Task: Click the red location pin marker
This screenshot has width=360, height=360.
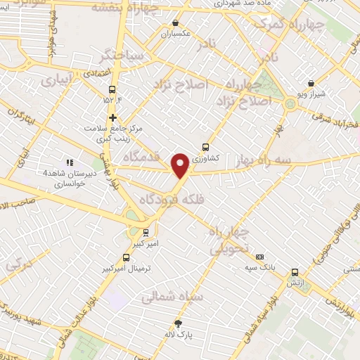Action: click(x=180, y=164)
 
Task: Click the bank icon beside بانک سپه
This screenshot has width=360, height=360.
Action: click(x=260, y=257)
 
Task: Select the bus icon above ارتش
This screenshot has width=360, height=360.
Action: click(x=294, y=272)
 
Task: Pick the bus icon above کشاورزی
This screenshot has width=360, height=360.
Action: click(x=205, y=147)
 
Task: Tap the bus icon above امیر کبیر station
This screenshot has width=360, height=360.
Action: click(x=146, y=232)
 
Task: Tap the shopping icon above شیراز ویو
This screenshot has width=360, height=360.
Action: click(x=311, y=83)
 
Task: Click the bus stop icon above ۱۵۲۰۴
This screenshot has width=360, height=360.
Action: click(x=112, y=89)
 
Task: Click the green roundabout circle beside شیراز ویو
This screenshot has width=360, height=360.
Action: click(x=291, y=105)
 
